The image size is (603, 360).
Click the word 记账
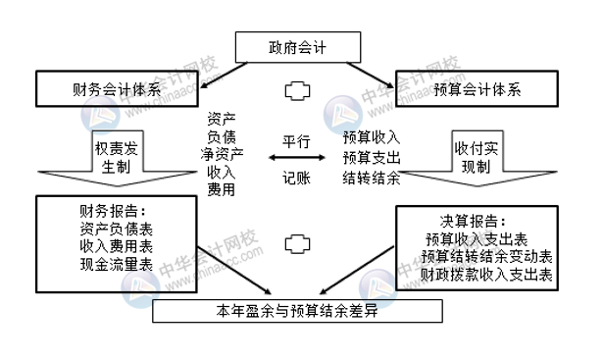(296, 179)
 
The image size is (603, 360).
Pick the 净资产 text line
(222, 152)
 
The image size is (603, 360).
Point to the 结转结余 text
(372, 178)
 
